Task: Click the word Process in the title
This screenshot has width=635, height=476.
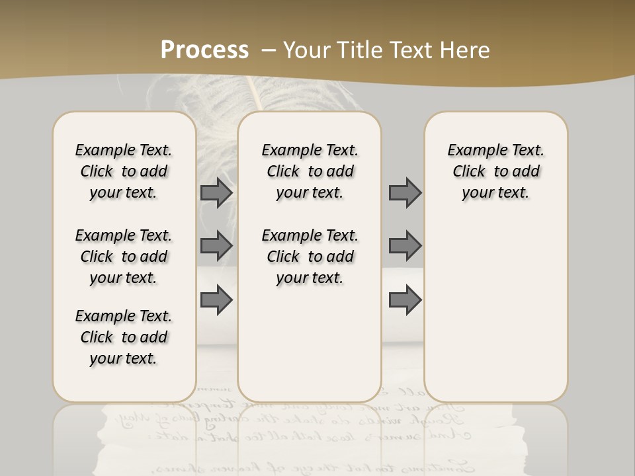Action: [204, 50]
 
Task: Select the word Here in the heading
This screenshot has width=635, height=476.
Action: [466, 50]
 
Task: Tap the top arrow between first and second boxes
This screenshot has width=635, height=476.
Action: [216, 193]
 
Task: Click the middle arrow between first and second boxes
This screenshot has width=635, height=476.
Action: [216, 246]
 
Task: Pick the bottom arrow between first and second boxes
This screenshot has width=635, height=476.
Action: [216, 299]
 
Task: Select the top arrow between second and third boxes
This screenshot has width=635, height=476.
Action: [405, 193]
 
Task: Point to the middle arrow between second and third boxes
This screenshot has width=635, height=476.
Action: [405, 246]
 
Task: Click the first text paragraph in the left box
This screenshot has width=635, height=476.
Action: [124, 171]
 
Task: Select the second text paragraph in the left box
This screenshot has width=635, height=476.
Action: [124, 257]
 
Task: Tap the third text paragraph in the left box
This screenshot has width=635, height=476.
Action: [124, 337]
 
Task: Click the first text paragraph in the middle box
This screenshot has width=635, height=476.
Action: [310, 171]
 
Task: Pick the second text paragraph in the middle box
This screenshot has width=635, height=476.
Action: [310, 257]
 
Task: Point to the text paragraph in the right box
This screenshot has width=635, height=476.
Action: [496, 171]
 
